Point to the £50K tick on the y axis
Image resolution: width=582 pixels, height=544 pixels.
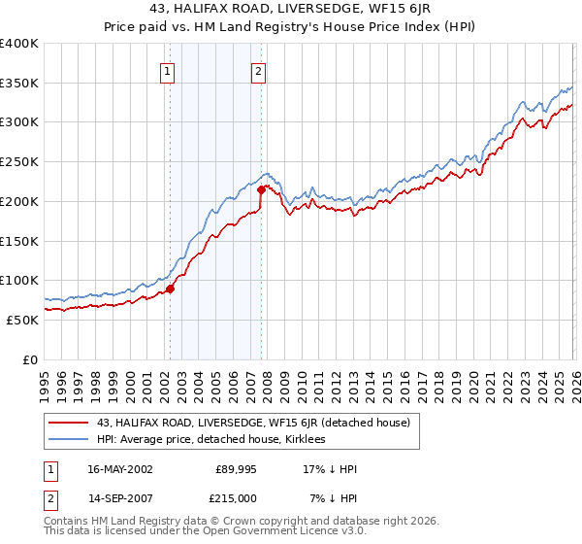22,320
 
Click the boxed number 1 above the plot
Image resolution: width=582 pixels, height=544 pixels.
168,70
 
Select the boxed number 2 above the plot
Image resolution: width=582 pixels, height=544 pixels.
259,70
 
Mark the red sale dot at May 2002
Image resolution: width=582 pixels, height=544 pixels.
170,289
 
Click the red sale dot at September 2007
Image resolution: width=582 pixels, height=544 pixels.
261,189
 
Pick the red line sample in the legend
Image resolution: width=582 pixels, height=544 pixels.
69,423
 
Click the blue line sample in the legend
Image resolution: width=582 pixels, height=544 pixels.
69,439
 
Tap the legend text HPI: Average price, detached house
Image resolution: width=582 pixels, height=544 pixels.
213,439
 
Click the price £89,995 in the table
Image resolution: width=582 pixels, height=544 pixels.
236,469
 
